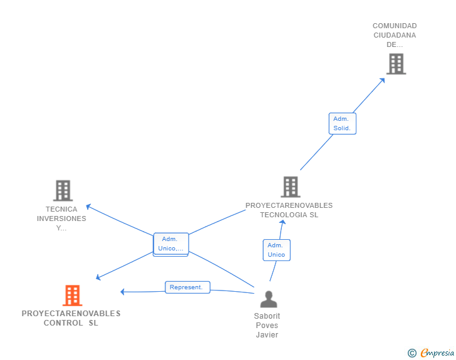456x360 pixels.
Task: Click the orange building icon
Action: [x=73, y=295]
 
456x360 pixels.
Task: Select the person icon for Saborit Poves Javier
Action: [x=268, y=299]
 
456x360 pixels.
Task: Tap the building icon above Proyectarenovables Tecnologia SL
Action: [x=290, y=187]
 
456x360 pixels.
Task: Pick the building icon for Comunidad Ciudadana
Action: [x=395, y=64]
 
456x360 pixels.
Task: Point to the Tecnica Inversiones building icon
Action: [x=63, y=190]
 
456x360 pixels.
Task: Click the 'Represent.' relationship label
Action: [x=187, y=287]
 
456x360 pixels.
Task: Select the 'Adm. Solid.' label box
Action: [x=342, y=123]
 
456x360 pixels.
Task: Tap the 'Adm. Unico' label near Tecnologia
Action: [x=276, y=250]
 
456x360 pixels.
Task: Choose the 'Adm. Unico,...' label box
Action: [x=170, y=244]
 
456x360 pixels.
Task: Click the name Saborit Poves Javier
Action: [x=267, y=325]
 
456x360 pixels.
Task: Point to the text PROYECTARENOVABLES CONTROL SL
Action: [x=71, y=318]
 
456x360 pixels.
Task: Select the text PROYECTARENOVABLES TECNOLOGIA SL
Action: [x=289, y=210]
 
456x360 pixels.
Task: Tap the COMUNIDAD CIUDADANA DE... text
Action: [x=395, y=35]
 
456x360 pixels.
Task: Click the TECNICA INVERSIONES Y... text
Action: [x=61, y=219]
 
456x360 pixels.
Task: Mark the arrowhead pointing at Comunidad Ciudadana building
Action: [x=383, y=80]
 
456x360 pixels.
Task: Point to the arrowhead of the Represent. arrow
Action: [x=123, y=292]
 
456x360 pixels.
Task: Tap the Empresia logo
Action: [x=437, y=353]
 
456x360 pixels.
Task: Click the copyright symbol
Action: [x=412, y=353]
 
